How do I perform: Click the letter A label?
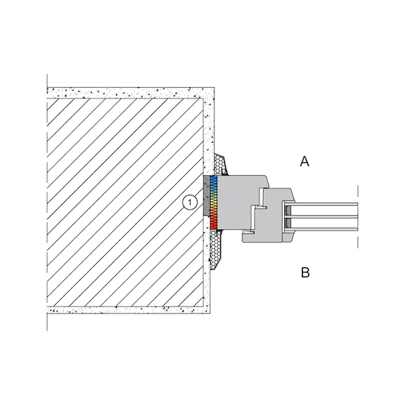tap(304, 162)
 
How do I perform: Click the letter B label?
tap(305, 273)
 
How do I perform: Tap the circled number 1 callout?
tap(190, 202)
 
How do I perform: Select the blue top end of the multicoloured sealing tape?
tap(213, 179)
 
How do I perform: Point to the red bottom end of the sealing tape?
tap(213, 224)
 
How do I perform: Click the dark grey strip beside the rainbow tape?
tap(207, 195)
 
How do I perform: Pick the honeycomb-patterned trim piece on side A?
tap(221, 165)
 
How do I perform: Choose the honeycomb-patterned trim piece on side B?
tap(217, 249)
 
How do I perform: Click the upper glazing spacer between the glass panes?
tap(288, 211)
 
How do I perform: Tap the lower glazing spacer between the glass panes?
tap(288, 223)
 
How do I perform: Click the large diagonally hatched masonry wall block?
tap(125, 202)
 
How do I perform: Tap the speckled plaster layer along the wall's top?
tap(131, 93)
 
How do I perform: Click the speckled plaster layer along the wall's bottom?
tap(129, 309)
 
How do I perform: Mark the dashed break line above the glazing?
tap(358, 194)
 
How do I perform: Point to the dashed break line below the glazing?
tap(358, 240)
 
